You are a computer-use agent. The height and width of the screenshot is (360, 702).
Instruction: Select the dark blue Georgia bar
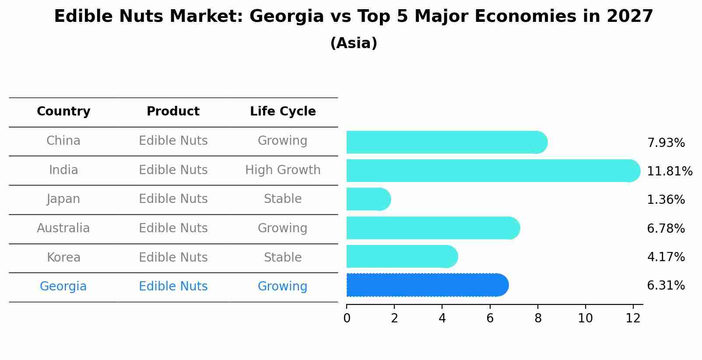pyautogui.click(x=427, y=285)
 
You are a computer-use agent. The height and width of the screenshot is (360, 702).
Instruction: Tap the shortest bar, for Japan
pyautogui.click(x=368, y=199)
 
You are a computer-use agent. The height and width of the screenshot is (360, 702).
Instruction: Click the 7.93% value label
pyautogui.click(x=666, y=143)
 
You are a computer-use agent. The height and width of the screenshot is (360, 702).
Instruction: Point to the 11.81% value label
pyautogui.click(x=669, y=171)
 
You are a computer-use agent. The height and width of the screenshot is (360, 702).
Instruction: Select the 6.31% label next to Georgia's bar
pyautogui.click(x=666, y=286)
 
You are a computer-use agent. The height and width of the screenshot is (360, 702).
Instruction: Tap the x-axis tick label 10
pyautogui.click(x=585, y=318)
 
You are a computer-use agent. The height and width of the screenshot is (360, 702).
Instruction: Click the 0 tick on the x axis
pyautogui.click(x=347, y=318)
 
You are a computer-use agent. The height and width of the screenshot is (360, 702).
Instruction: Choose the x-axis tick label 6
pyautogui.click(x=490, y=318)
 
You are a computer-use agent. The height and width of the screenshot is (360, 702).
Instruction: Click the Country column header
pyautogui.click(x=63, y=112)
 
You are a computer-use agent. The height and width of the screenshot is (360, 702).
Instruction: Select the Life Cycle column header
pyautogui.click(x=283, y=112)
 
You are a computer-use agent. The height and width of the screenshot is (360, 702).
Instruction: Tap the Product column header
pyautogui.click(x=173, y=112)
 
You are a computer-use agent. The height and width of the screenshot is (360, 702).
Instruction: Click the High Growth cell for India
pyautogui.click(x=283, y=170)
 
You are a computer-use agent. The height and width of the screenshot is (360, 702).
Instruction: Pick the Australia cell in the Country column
pyautogui.click(x=63, y=228)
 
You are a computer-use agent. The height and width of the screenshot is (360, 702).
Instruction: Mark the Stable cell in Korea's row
pyautogui.click(x=283, y=258)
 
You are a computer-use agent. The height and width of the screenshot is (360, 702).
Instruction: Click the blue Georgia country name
pyautogui.click(x=63, y=287)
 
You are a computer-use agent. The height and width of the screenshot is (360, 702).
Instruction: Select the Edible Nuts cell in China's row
pyautogui.click(x=173, y=141)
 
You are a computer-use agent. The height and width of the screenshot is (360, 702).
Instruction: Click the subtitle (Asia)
pyautogui.click(x=354, y=43)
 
